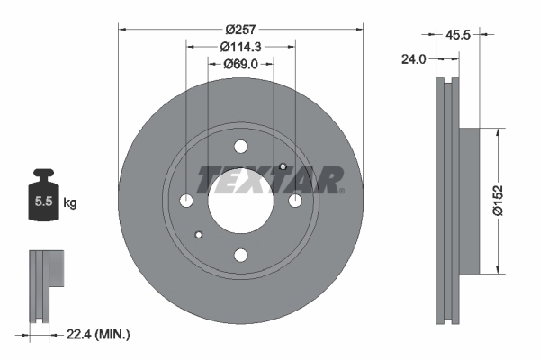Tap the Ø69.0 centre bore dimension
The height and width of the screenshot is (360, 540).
[240, 64]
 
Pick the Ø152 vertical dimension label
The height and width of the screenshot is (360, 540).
[510, 200]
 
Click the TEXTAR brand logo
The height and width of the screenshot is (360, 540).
[269, 180]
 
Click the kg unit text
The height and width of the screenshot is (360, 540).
[70, 203]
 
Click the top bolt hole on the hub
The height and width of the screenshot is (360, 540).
[240, 147]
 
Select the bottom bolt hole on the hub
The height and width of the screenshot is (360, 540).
[240, 255]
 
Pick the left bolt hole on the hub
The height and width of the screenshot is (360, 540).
[186, 201]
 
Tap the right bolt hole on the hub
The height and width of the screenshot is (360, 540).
[294, 201]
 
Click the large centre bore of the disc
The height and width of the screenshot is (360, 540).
[240, 201]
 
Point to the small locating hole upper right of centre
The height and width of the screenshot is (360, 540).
[282, 166]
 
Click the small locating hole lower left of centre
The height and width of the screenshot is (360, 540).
[199, 235]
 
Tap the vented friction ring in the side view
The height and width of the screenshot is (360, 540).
[446, 201]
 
